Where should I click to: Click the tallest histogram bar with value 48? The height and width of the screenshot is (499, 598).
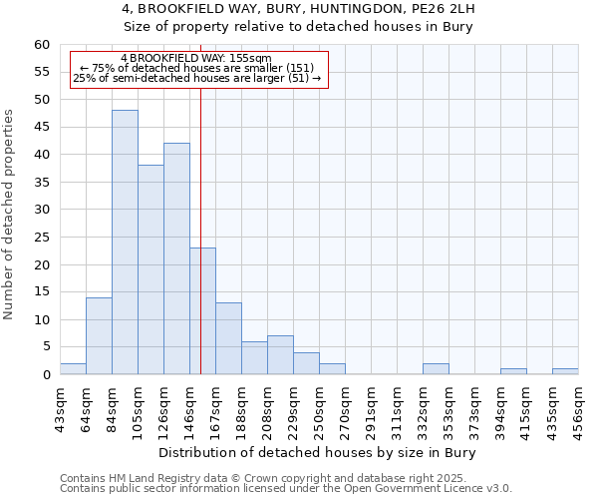pyautogui.click(x=125, y=243)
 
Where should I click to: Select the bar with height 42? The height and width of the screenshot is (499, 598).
pyautogui.click(x=176, y=258)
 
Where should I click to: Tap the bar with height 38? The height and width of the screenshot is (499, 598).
pyautogui.click(x=150, y=269)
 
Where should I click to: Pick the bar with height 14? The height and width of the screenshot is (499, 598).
pyautogui.click(x=99, y=335)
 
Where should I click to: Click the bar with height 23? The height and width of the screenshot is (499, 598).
pyautogui.click(x=202, y=311)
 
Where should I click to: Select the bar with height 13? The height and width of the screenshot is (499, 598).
pyautogui.click(x=228, y=338)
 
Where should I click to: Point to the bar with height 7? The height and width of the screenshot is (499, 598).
pyautogui.click(x=280, y=355)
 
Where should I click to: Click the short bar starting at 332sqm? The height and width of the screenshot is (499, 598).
pyautogui.click(x=436, y=369)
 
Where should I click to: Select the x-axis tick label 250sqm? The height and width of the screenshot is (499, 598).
pyautogui.click(x=319, y=409)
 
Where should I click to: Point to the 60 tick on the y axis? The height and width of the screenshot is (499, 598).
pyautogui.click(x=42, y=45)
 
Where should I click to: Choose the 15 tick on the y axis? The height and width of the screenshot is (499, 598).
pyautogui.click(x=42, y=292)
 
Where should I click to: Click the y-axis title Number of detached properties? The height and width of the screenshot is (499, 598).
pyautogui.click(x=10, y=215)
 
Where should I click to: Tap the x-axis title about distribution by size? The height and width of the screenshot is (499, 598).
pyautogui.click(x=318, y=453)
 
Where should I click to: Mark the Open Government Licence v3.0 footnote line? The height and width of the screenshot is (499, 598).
pyautogui.click(x=286, y=489)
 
